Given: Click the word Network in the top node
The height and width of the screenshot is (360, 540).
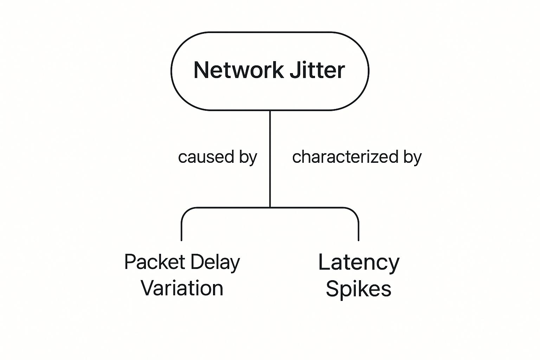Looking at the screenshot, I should [x=238, y=70].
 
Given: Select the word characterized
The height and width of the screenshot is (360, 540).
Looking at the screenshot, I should [x=345, y=157].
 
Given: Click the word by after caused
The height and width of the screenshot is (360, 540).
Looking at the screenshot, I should [x=248, y=157].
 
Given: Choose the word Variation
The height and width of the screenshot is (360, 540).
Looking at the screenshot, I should [x=182, y=288].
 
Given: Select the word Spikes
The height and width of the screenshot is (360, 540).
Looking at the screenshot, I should [x=358, y=289].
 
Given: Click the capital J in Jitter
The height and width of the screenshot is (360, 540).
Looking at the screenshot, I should [x=295, y=70].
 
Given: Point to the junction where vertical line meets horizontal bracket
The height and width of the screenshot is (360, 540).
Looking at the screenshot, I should [x=270, y=207].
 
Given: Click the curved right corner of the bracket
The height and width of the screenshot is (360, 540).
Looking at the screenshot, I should [x=355, y=212].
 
